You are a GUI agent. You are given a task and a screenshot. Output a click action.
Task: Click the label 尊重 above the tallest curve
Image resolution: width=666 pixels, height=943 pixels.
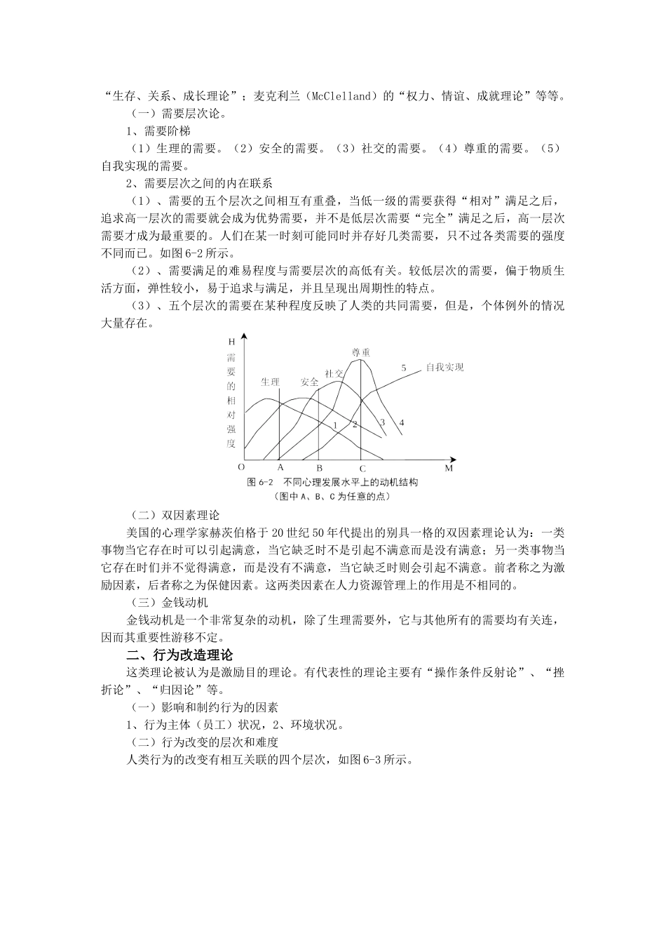[x=360, y=352]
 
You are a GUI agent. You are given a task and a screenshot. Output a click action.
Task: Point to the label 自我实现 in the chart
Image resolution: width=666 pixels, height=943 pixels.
[x=444, y=367]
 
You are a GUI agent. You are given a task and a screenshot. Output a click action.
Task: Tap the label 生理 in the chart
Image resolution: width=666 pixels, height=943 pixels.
[x=270, y=382]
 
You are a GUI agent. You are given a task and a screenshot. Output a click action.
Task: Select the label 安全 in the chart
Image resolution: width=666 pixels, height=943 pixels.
[x=309, y=382]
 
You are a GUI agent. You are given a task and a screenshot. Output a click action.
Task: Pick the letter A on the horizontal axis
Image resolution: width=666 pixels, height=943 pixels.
[x=280, y=467]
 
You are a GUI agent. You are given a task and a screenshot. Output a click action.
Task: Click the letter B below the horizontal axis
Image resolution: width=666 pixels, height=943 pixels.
[x=319, y=467]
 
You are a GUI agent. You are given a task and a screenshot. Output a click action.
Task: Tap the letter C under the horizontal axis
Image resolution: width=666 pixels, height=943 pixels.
[x=362, y=469]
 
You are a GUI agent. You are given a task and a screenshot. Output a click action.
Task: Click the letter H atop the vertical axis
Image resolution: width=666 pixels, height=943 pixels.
[x=231, y=342]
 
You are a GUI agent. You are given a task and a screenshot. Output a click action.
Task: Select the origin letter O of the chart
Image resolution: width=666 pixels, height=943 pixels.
[x=241, y=467]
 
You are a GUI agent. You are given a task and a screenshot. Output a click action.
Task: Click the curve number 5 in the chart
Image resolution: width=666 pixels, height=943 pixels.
[x=404, y=368]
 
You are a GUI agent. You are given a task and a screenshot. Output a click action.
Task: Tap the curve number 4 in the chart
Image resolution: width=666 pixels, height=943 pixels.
[x=401, y=422]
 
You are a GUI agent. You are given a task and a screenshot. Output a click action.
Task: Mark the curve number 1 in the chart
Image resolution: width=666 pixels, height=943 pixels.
[x=335, y=424]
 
